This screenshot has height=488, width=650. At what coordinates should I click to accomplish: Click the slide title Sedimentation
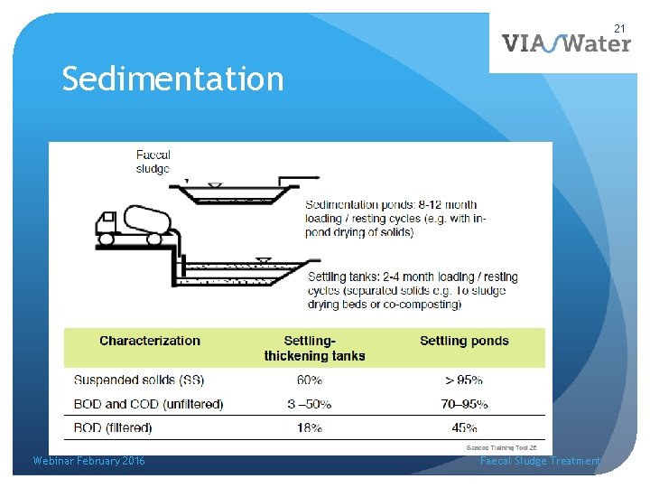click(x=172, y=80)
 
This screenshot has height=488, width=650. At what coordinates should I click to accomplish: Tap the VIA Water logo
click(x=566, y=42)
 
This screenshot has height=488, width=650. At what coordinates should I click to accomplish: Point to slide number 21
click(x=619, y=29)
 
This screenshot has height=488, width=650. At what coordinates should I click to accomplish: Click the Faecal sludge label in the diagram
click(x=153, y=162)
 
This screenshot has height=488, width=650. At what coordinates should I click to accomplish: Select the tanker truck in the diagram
click(x=132, y=226)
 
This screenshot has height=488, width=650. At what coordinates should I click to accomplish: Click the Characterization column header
click(x=150, y=341)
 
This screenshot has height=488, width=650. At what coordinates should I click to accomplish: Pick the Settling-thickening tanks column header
click(x=314, y=348)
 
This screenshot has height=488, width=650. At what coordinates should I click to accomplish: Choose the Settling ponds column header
click(x=464, y=341)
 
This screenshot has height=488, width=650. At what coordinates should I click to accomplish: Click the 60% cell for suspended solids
click(x=309, y=380)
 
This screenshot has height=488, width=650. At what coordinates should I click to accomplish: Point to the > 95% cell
click(x=464, y=380)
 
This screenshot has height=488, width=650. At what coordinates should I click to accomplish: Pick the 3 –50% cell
click(x=309, y=404)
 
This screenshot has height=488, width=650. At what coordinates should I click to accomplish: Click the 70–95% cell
click(x=464, y=404)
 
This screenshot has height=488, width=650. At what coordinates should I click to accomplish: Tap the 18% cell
click(x=309, y=427)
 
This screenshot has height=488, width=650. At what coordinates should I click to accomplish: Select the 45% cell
click(x=464, y=427)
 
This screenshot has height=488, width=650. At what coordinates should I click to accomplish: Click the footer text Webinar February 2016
click(x=88, y=461)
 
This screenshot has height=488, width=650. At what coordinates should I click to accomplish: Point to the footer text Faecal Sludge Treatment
click(x=540, y=461)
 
